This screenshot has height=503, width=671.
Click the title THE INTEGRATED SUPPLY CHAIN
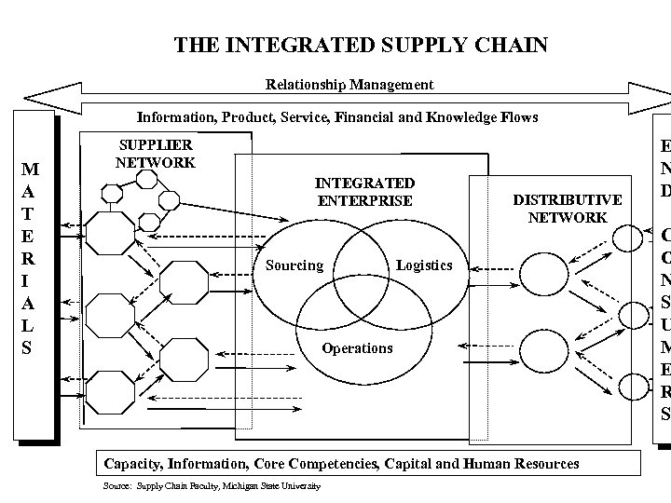click(x=361, y=45)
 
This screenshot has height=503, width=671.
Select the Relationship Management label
click(x=349, y=85)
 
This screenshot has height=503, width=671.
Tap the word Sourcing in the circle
click(x=294, y=265)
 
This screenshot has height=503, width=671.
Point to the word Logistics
click(x=423, y=265)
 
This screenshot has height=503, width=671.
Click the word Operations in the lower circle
click(x=357, y=348)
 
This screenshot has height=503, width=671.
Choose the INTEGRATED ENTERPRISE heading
click(x=364, y=192)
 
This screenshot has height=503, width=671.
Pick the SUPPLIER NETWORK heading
click(x=156, y=154)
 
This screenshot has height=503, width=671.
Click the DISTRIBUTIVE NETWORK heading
click(x=567, y=209)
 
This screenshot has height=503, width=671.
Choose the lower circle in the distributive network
click(x=540, y=349)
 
